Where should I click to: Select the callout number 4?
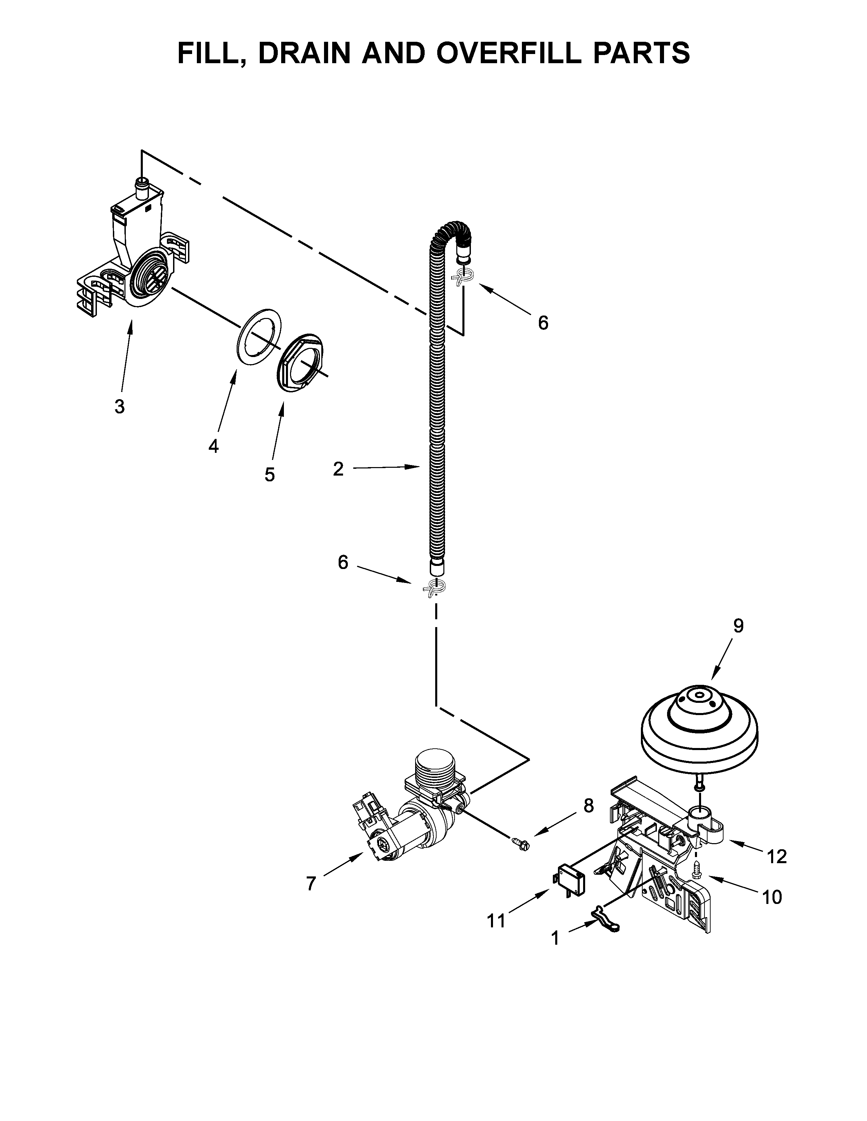pyautogui.click(x=214, y=446)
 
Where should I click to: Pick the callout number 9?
pyautogui.click(x=738, y=626)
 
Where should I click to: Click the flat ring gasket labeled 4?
pyautogui.click(x=260, y=336)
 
